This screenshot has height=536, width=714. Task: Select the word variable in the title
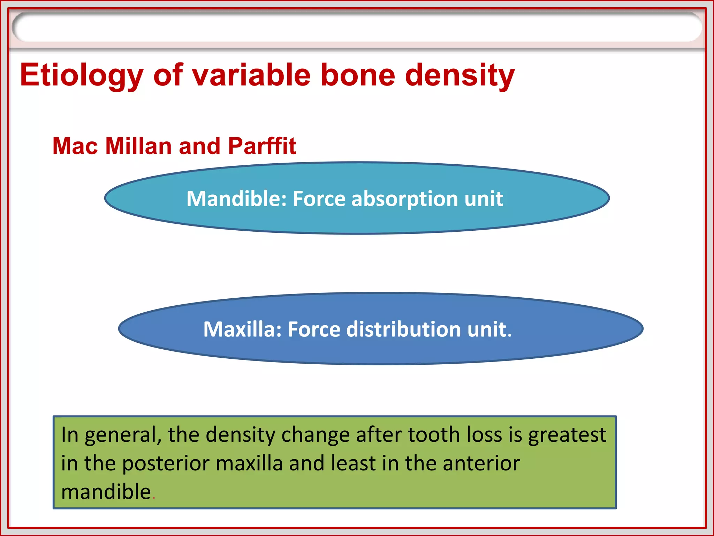click(x=251, y=75)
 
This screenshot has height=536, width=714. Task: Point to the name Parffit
click(x=262, y=146)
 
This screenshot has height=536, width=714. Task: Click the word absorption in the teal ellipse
click(x=404, y=199)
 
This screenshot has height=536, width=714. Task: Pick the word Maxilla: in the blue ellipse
click(x=242, y=329)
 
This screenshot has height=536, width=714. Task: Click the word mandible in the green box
click(x=106, y=492)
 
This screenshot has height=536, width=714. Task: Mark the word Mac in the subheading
click(x=75, y=146)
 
